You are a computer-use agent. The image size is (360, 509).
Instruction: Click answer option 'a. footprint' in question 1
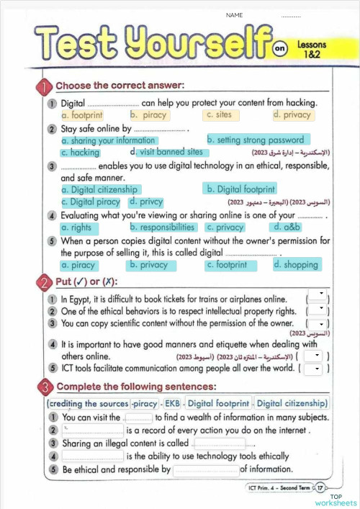[82, 114]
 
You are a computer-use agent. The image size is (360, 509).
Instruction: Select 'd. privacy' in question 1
[292, 114]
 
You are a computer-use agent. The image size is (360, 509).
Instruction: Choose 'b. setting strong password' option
[256, 140]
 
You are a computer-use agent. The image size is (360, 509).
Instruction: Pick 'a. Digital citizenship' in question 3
[97, 189]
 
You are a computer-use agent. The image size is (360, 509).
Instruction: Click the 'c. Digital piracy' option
[91, 202]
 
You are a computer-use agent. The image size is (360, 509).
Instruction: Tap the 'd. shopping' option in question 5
[296, 265]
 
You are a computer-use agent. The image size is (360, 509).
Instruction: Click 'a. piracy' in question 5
[78, 265]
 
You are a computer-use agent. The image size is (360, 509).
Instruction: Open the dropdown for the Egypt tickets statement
[318, 297]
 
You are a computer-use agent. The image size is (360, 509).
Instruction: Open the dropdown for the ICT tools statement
[312, 368]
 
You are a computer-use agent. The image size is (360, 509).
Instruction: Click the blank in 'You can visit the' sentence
[139, 417]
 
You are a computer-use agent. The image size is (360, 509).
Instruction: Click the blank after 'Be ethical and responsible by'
[206, 469]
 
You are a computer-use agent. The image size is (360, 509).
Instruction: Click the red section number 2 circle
[44, 281]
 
